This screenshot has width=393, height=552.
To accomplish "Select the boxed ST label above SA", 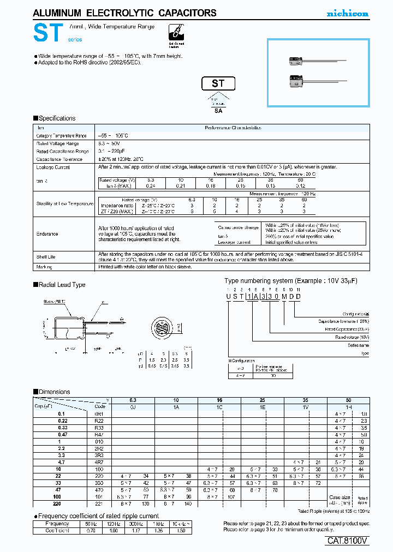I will click(219, 83).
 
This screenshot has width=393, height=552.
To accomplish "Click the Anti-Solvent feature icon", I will click(175, 34).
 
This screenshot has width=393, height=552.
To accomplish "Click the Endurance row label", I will click(47, 234).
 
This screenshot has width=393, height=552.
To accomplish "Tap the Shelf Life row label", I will click(46, 257).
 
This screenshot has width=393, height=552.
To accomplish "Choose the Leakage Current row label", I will click(53, 167).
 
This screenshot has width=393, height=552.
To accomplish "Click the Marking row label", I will click(44, 267).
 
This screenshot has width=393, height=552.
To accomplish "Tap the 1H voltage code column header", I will click(348, 407).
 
